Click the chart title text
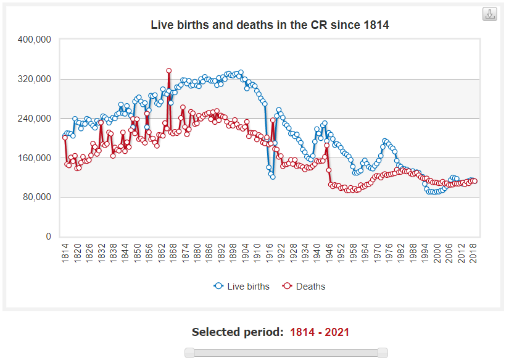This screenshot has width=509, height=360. [x=270, y=25]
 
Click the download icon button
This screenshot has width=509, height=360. [x=490, y=15]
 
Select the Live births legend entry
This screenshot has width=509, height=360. [x=242, y=287]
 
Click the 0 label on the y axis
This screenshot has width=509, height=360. [x=48, y=237]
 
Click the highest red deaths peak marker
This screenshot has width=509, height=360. [x=168, y=70]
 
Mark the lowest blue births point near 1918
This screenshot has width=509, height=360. [x=273, y=177]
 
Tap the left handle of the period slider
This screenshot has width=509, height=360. [x=190, y=353]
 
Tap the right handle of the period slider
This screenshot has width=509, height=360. [x=383, y=353]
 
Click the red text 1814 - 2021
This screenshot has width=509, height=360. [x=320, y=332]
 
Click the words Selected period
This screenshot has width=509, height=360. [x=238, y=332]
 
